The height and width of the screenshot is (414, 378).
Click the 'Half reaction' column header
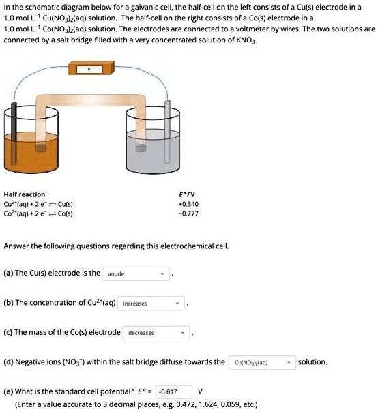[25, 194]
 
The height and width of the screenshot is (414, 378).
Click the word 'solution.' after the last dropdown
[312, 361]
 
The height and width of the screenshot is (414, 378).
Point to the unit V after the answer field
[200, 391]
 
